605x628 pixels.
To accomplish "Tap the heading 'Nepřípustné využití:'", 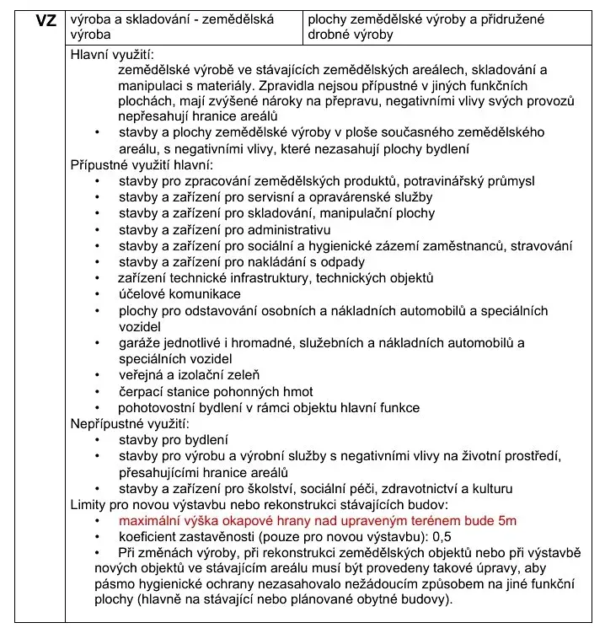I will click(x=130, y=424).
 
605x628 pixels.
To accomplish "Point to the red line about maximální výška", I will click(x=317, y=521).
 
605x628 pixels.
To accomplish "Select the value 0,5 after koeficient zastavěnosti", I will click(x=442, y=537).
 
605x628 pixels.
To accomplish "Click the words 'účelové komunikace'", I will click(x=179, y=294).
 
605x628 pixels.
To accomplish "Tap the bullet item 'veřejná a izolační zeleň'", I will click(x=189, y=375).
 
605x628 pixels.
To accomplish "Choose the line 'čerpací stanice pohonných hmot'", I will click(x=216, y=391).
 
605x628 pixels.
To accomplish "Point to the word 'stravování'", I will click(x=542, y=246).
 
